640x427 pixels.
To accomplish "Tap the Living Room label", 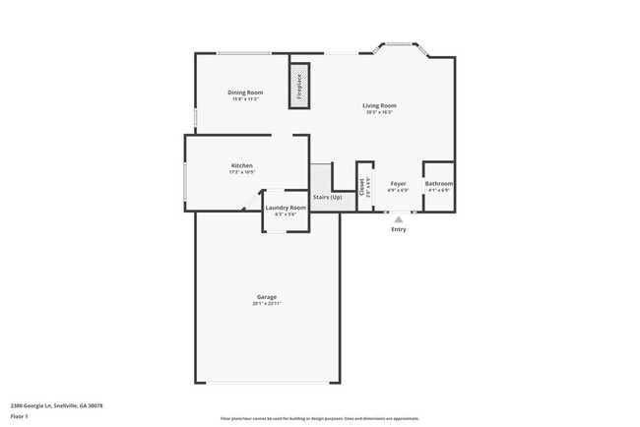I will [x=379, y=105].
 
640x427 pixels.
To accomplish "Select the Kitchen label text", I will [x=242, y=165].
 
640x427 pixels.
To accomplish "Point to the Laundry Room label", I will [x=286, y=208].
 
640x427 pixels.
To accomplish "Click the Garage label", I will [x=266, y=297].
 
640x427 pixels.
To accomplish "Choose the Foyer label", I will [x=398, y=184].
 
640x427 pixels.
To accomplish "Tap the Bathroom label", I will [x=439, y=184].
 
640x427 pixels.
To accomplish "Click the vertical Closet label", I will [x=362, y=185].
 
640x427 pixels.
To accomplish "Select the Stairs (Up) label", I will [x=328, y=198].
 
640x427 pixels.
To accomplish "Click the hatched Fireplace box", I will [x=298, y=86].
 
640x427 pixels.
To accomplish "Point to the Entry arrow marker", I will [x=398, y=219].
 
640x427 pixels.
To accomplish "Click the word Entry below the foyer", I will [x=398, y=229].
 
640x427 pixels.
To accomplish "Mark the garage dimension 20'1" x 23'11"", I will [x=266, y=304].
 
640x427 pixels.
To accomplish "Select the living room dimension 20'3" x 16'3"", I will [x=379, y=112].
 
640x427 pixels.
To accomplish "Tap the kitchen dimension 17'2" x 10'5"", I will [x=242, y=172].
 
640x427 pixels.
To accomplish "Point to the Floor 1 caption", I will [x=21, y=417].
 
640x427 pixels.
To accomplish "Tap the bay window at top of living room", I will [x=398, y=44].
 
